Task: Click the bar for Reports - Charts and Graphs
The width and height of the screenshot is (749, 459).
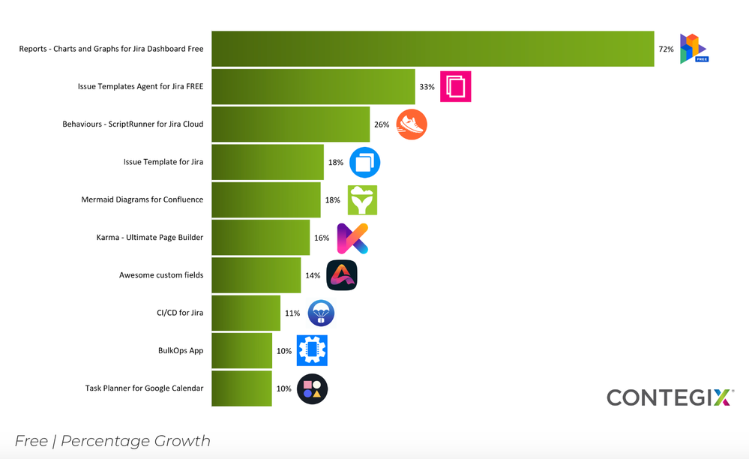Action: [433, 49]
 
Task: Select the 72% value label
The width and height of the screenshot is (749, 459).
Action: [666, 49]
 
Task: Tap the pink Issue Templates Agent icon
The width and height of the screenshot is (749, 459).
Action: [455, 86]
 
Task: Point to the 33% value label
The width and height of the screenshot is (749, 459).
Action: [427, 87]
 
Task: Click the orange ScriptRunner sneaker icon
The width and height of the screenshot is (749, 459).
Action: [412, 124]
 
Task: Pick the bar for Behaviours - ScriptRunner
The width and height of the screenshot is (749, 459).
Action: [291, 124]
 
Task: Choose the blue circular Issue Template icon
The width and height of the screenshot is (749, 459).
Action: [364, 162]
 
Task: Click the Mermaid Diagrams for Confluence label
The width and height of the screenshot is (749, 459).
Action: [142, 200]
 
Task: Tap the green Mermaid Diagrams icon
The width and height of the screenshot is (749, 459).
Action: [362, 200]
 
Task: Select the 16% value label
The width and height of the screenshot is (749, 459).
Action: [322, 238]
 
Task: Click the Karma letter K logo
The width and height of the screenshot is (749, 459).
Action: [352, 238]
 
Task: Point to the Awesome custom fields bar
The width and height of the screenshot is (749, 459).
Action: [256, 275]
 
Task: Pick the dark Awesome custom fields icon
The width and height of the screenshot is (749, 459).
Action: [342, 275]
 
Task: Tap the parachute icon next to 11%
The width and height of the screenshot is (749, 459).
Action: [321, 313]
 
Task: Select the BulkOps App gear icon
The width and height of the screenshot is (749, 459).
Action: [312, 350]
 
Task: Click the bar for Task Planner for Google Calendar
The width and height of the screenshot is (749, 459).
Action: [241, 388]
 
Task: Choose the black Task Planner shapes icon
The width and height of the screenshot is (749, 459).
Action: [312, 388]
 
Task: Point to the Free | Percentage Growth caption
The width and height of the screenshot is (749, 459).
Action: [112, 441]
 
